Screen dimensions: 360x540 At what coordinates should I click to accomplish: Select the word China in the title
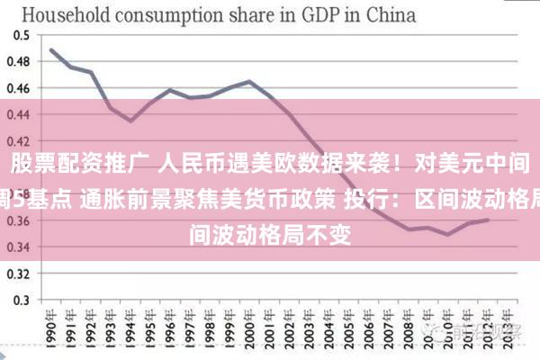(390, 14)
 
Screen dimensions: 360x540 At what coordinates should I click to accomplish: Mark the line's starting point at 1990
(51, 49)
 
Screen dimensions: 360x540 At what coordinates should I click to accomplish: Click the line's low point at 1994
(130, 121)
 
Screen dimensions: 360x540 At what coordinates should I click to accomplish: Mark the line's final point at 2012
(488, 220)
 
